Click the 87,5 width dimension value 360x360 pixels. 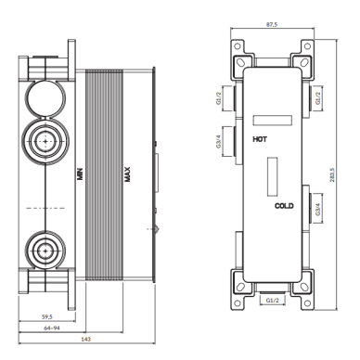click(272, 24)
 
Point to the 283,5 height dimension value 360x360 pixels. click(332, 174)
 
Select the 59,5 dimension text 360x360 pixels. click(47, 316)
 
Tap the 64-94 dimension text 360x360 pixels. click(52, 328)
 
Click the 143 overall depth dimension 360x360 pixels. click(85, 340)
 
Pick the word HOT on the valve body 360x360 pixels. click(260, 139)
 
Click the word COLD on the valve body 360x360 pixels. click(284, 206)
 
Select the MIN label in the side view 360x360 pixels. click(80, 174)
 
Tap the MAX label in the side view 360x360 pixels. click(127, 174)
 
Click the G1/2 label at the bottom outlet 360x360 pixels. click(272, 300)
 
